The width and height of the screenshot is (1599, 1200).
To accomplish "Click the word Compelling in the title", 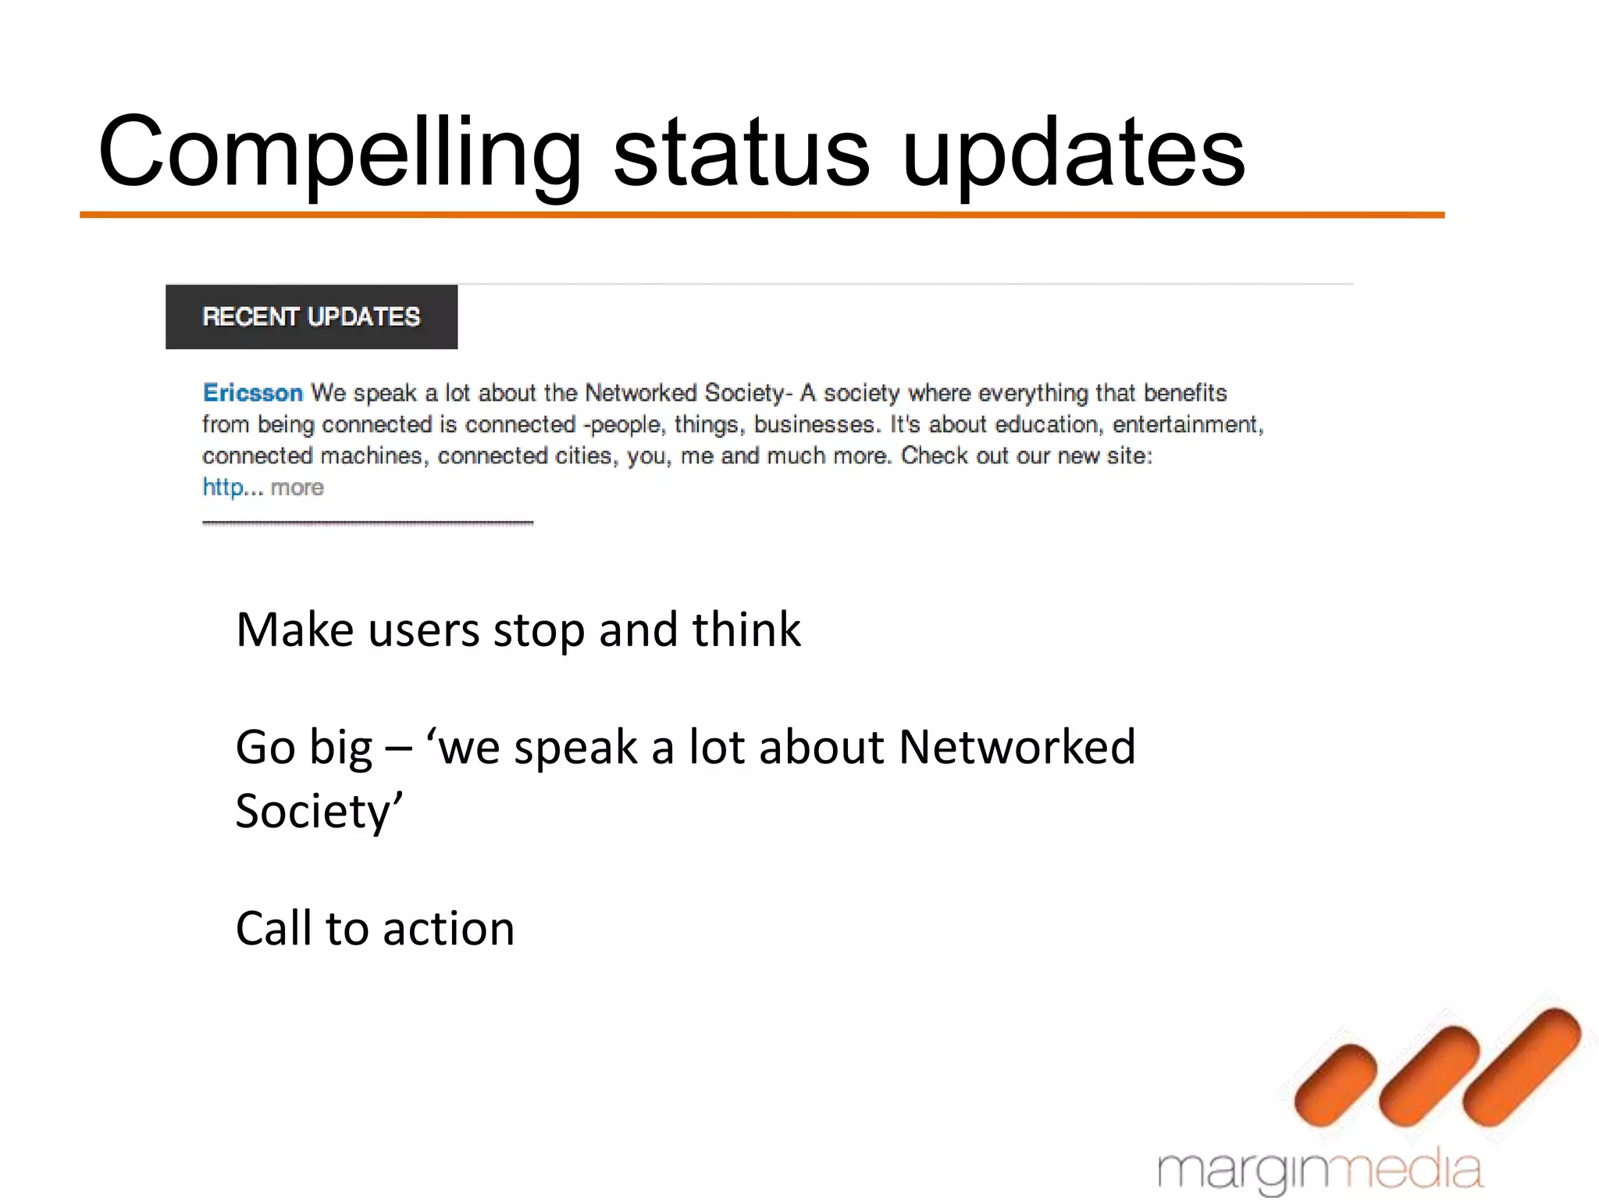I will [x=340, y=152].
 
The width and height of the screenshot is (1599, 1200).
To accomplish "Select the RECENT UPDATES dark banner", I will [x=311, y=316].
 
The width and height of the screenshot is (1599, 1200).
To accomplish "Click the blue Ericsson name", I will [x=252, y=392].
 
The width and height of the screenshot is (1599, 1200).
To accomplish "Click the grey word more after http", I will [x=297, y=487].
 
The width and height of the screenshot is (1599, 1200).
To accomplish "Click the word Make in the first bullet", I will [x=294, y=630].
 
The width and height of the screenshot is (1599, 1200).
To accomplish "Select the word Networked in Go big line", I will [x=1017, y=747].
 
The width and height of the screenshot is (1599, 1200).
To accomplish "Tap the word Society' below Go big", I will [x=319, y=811].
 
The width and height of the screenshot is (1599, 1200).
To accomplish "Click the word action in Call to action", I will [x=448, y=929].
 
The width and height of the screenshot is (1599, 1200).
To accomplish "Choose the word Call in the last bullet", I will [x=273, y=929].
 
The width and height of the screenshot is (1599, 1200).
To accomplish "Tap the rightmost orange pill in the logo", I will [x=1521, y=1066].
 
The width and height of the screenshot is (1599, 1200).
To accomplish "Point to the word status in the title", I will [x=741, y=152].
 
